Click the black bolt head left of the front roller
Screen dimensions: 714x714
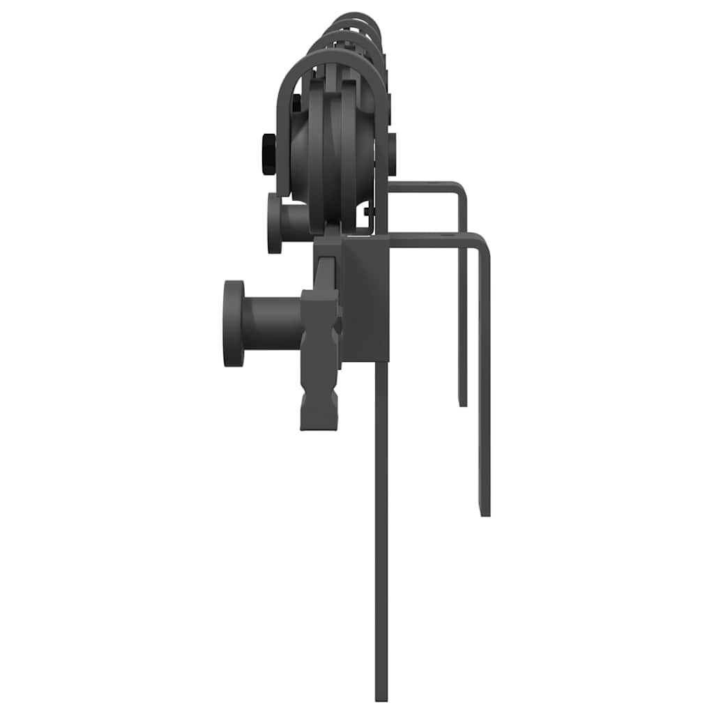(268, 153)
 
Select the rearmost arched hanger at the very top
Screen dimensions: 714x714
(357, 16)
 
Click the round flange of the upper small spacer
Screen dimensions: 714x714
(275, 222)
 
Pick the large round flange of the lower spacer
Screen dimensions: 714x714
(234, 323)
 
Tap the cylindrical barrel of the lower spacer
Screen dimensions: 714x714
(272, 323)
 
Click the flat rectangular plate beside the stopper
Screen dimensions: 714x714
(364, 300)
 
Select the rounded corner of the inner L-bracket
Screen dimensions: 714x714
(459, 188)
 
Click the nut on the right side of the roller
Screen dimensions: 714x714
(391, 154)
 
